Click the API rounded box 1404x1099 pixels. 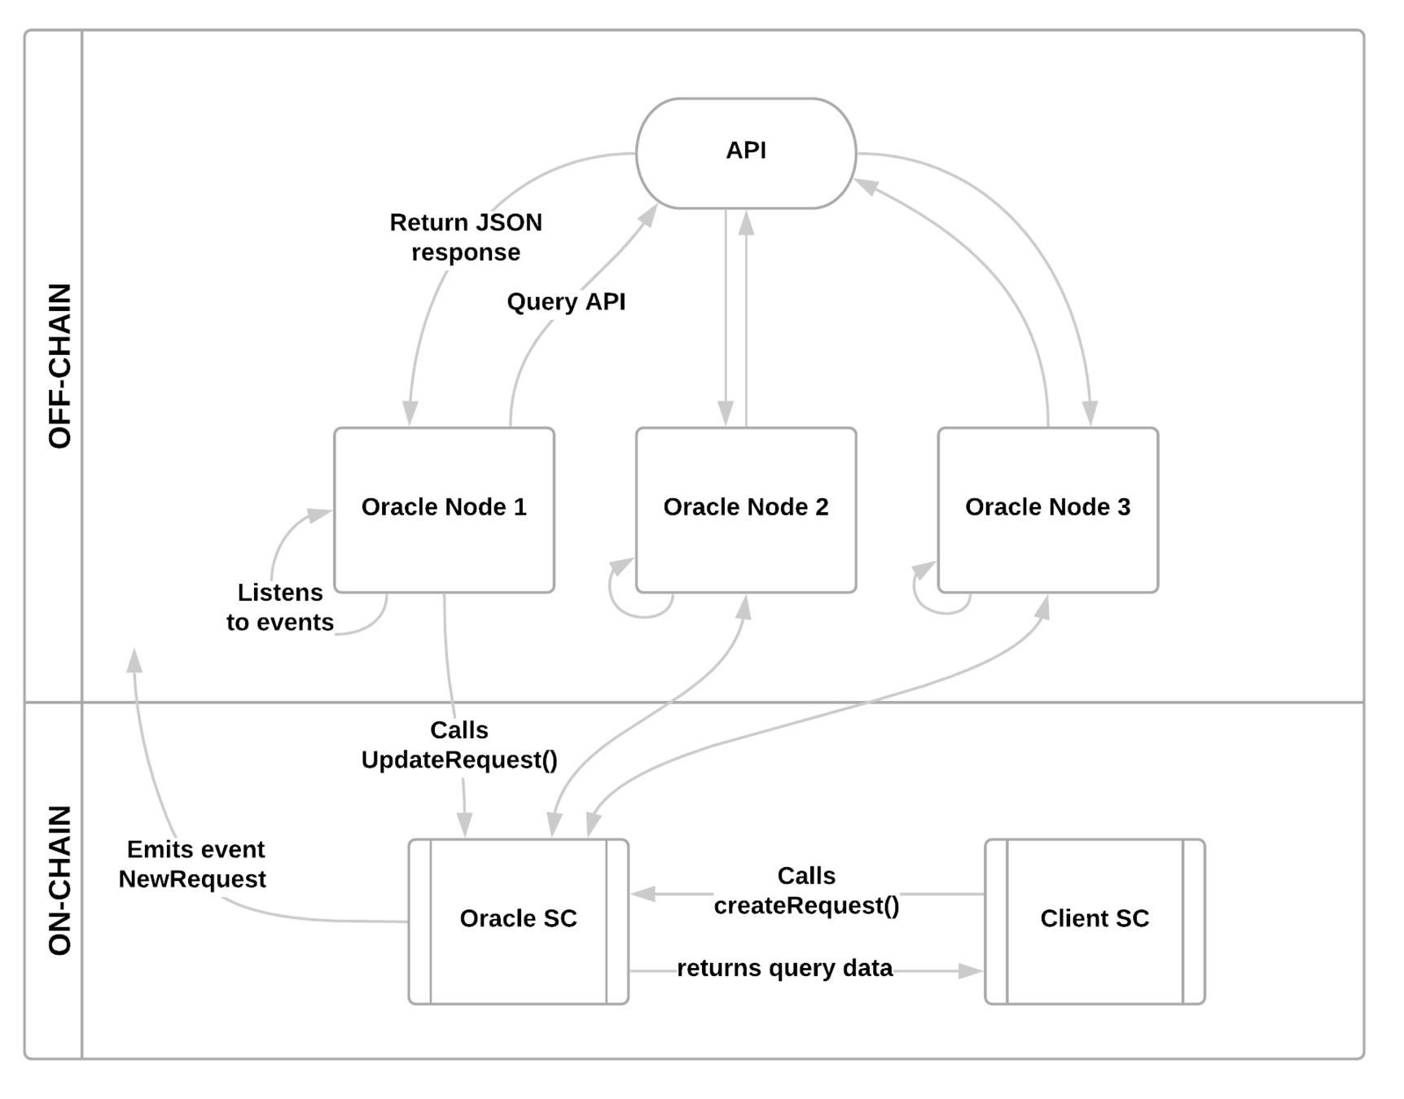(746, 153)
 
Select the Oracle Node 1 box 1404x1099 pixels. (444, 510)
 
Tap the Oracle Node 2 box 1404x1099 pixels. (746, 510)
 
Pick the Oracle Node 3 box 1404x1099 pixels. (1048, 510)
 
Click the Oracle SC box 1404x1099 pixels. (519, 922)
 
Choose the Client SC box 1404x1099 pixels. (1095, 922)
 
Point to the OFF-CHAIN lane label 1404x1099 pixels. (59, 366)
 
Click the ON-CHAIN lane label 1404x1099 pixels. (59, 880)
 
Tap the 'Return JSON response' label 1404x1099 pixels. (466, 237)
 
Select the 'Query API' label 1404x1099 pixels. (566, 301)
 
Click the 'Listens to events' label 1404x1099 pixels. (280, 606)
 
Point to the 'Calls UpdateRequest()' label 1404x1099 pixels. (459, 744)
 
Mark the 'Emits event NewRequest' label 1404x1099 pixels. (193, 864)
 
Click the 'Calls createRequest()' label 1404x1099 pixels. (806, 890)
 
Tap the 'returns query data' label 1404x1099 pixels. (784, 968)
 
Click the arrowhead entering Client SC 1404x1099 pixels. (971, 970)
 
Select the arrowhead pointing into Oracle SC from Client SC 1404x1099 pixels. (643, 894)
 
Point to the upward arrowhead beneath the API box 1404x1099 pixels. (746, 223)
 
